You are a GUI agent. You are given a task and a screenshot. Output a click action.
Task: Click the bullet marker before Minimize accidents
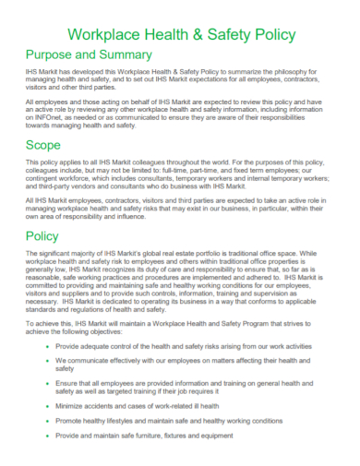[47, 404]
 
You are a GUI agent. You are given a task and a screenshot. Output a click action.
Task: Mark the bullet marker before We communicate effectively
[47, 359]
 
